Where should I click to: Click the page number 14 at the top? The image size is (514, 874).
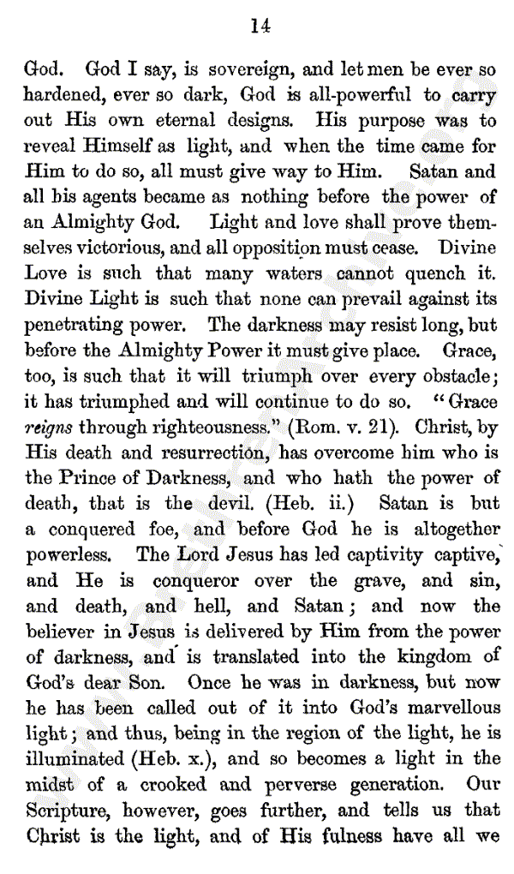260,27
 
